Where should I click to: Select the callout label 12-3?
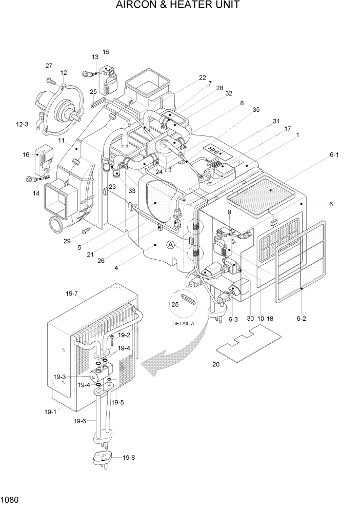[23, 124]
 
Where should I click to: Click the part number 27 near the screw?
[49, 66]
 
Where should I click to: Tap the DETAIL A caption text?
[183, 324]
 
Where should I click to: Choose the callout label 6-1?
[335, 154]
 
